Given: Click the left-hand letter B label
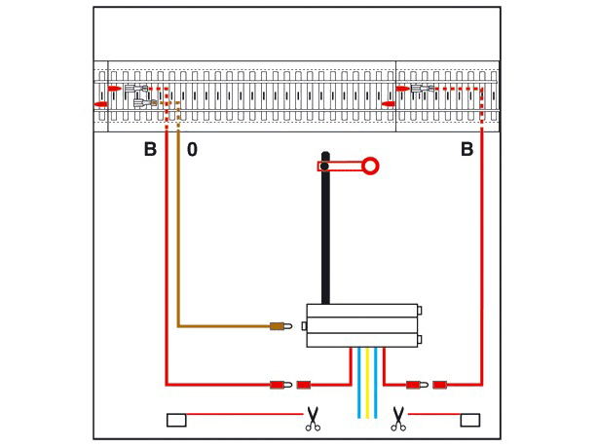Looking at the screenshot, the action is pos(150,149).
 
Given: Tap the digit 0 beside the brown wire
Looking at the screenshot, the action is pos(192,150).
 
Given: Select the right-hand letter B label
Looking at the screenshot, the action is pos(467,149).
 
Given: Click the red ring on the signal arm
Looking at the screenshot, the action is pos(370,166).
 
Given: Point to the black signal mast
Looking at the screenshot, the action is pos(325,228).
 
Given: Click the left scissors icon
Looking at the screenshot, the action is pos(313,419).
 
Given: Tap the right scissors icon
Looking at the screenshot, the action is pos(398,419).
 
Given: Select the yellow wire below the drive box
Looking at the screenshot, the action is pos(367,383).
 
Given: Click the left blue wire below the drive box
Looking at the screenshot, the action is pos(359,383).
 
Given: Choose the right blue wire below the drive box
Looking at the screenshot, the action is pos(376,383).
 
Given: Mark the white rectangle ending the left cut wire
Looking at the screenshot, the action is pos(176,420).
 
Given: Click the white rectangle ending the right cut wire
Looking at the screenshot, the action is pos(470,420).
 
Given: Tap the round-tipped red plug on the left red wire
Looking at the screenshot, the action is pos(281,385).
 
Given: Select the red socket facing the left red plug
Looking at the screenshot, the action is pos(304,385).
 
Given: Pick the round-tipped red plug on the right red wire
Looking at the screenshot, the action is pos(417,385).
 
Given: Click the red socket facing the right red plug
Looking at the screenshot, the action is pos(440,385).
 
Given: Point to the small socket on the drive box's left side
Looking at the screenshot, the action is pos(304,326).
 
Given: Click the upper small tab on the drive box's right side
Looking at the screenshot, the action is pos(420,311).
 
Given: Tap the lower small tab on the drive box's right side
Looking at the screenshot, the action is pos(420,339).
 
